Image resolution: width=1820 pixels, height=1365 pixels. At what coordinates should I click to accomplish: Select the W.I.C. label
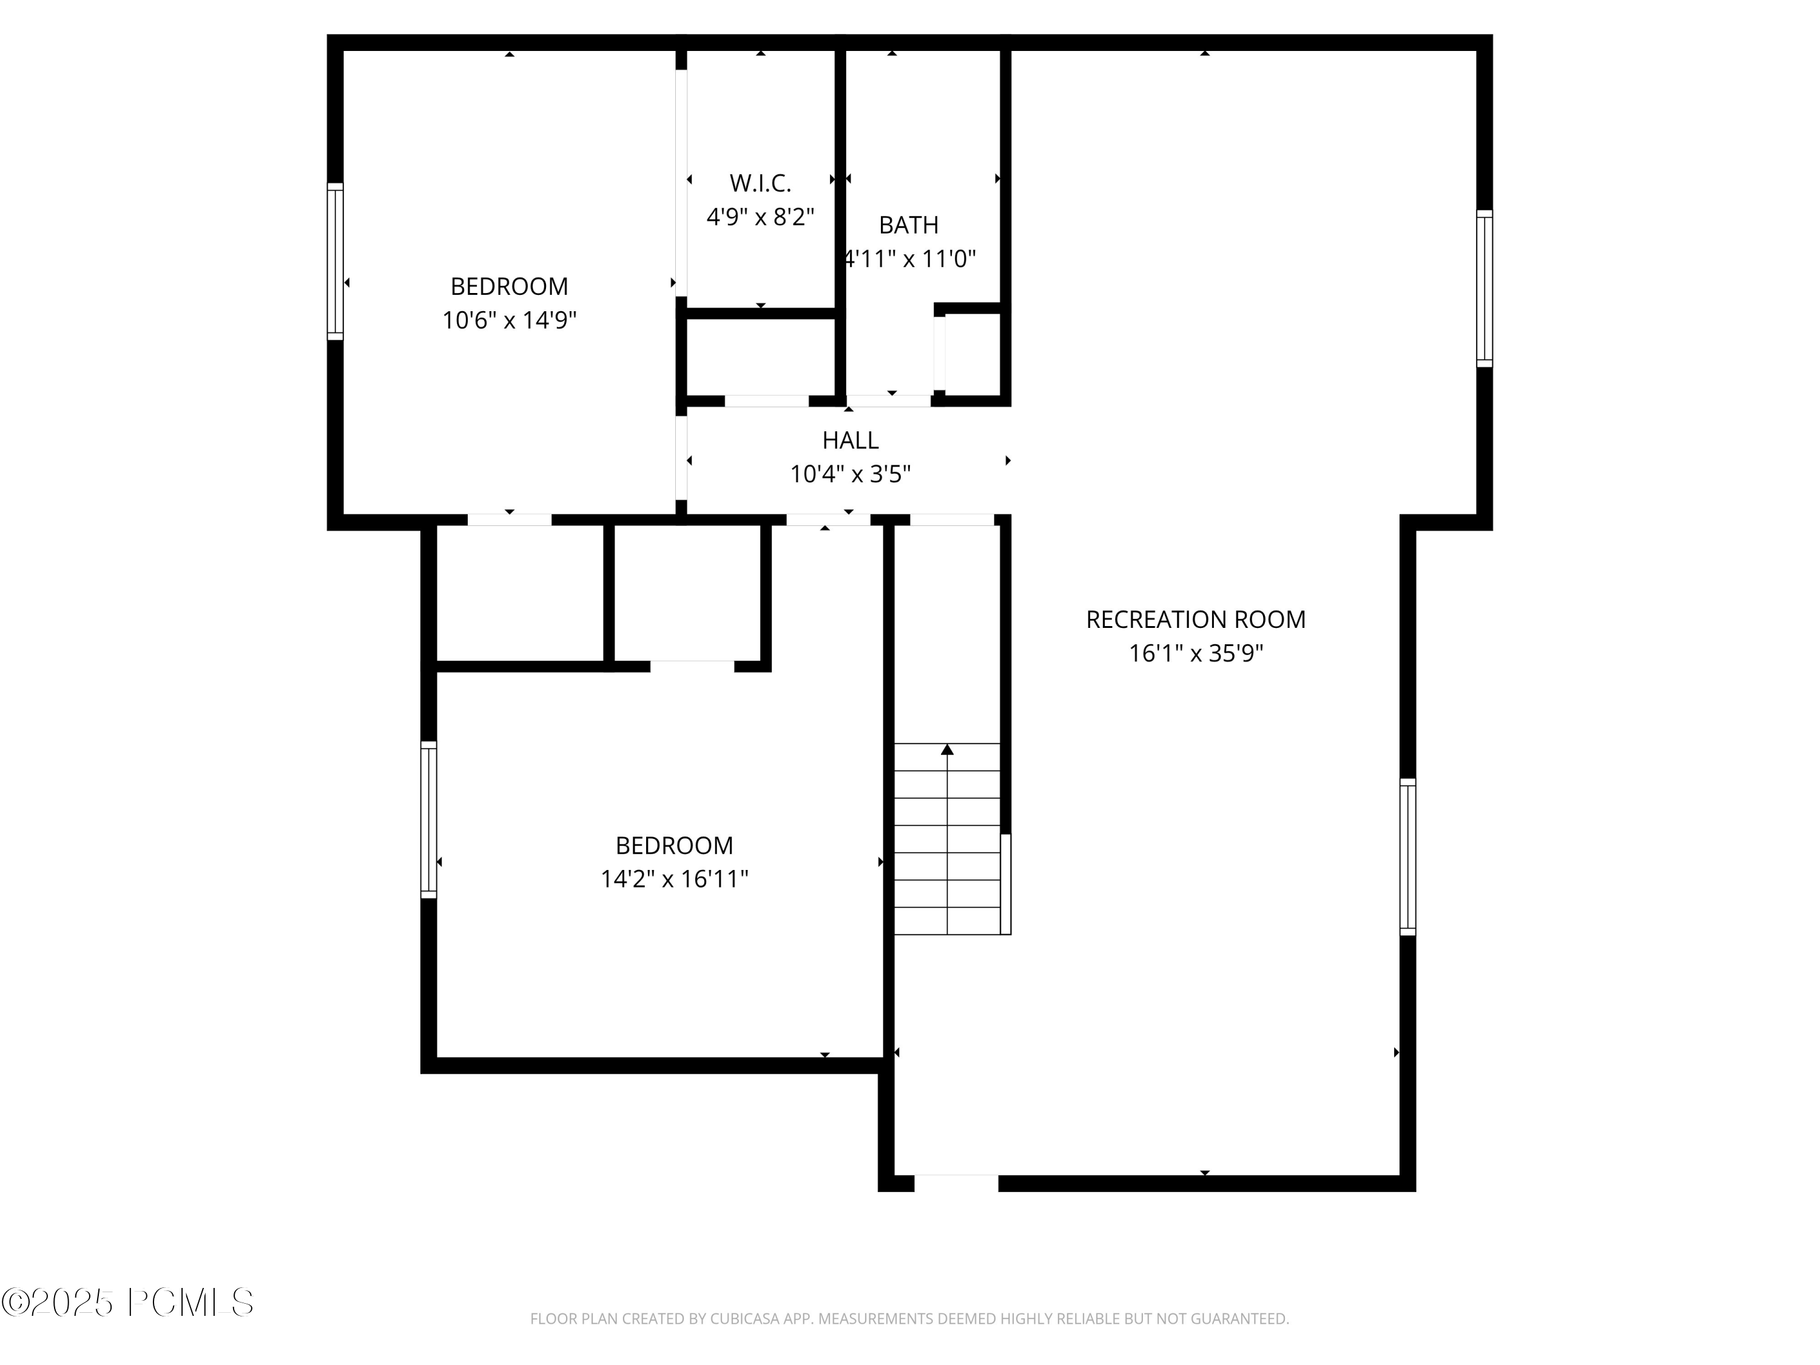(760, 183)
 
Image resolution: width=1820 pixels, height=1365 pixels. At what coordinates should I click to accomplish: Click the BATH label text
(908, 224)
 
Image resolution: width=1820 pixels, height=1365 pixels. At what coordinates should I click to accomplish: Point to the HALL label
(850, 440)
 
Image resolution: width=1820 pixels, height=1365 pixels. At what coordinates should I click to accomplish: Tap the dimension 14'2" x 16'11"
(674, 880)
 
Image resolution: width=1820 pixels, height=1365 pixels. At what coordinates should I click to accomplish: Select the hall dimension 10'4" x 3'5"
(850, 475)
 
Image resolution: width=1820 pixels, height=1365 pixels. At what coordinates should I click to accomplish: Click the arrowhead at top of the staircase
(947, 750)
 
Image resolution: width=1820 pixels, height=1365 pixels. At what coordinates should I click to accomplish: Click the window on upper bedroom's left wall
(335, 261)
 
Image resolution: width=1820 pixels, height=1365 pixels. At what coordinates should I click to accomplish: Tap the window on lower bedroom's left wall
(429, 820)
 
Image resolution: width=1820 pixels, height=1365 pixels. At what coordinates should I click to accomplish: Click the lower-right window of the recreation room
(1408, 857)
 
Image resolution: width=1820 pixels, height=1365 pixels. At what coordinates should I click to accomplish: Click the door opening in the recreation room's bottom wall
(956, 1183)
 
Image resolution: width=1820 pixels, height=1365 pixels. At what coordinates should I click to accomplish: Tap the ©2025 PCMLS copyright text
(127, 1303)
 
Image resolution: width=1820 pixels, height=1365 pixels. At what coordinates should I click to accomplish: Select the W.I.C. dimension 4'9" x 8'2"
(760, 217)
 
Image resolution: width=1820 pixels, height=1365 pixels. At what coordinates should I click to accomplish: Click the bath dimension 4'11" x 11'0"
(910, 259)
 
